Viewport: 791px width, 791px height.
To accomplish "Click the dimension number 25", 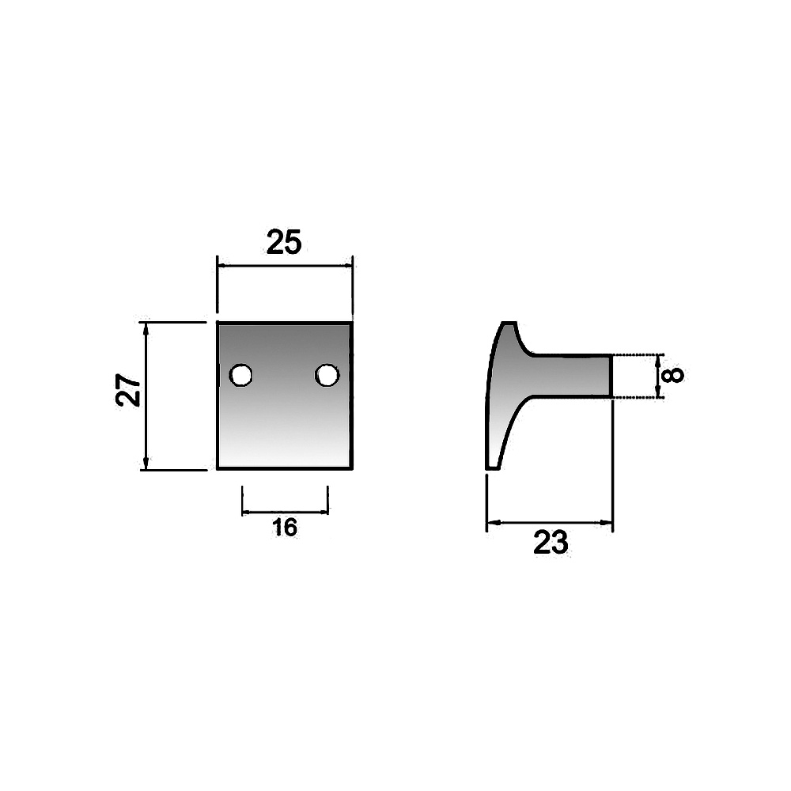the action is coord(283,242).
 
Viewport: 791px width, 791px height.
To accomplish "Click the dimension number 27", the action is coord(129,390).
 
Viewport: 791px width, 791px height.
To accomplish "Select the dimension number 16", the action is coord(285,528).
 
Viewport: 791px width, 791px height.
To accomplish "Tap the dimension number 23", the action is coord(551,543).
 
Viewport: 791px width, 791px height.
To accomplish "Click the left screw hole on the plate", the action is coord(240,375).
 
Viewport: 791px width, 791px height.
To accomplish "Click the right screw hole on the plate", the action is coord(327,375).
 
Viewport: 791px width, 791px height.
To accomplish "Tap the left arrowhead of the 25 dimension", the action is coord(222,265).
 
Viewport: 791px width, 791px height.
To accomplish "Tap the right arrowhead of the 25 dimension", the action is coord(347,265).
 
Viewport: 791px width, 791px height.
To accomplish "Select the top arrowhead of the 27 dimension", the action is coord(146,328).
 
